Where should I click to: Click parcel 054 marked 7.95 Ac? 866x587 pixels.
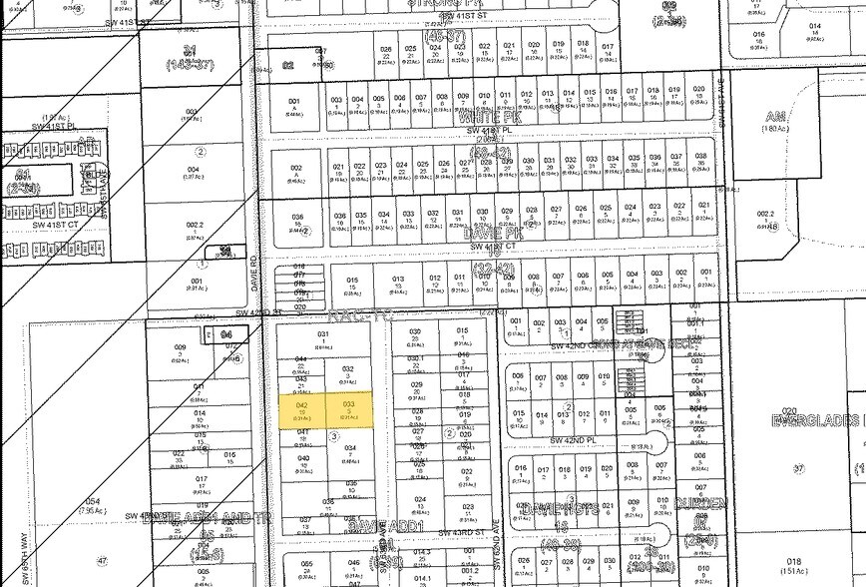click(x=93, y=504)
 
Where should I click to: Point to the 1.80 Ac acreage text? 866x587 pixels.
click(x=803, y=128)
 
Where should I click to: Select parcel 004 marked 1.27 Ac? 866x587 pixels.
click(x=194, y=174)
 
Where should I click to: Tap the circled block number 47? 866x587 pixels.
click(x=102, y=563)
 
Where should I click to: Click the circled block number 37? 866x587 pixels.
click(x=798, y=468)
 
